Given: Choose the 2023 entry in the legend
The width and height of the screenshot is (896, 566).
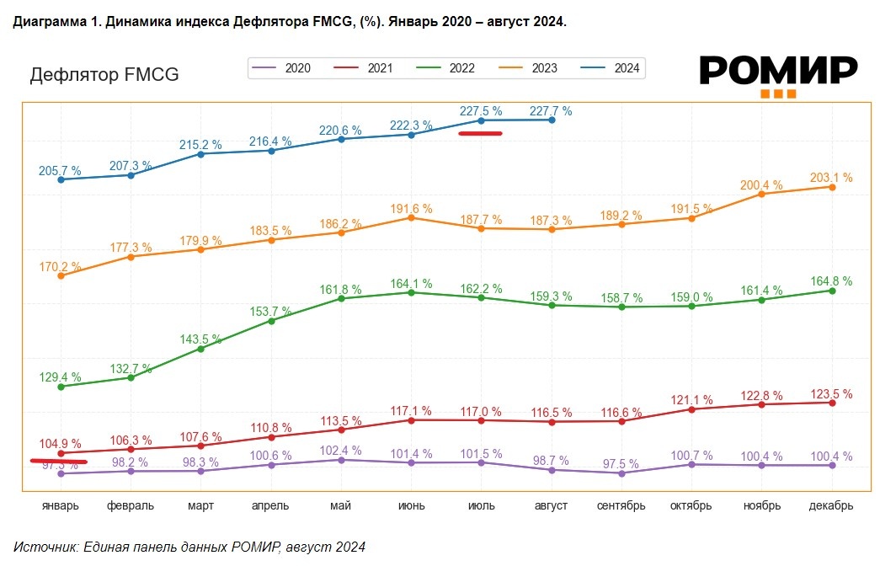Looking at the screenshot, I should (x=531, y=68).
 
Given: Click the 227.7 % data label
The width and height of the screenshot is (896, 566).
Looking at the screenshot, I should (x=550, y=110).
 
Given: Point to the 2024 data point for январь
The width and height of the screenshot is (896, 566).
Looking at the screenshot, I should (x=61, y=179).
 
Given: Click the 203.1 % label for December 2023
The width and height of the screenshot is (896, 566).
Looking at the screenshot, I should (x=831, y=178).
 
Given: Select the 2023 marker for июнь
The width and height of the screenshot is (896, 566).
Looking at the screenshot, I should (x=411, y=217).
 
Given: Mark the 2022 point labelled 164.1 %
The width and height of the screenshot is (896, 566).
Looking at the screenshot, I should (x=411, y=292).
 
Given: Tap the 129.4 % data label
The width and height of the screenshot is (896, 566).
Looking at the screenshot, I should (x=60, y=376).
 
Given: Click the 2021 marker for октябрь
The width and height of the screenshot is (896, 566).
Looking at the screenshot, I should (x=691, y=409).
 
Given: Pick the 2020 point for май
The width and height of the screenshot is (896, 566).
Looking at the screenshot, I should (x=341, y=460).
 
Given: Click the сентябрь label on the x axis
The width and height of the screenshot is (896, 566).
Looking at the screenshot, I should (x=621, y=505).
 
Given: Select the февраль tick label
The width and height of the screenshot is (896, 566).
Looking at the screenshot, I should (x=131, y=505).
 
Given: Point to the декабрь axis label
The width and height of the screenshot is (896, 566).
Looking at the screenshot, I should (x=832, y=505).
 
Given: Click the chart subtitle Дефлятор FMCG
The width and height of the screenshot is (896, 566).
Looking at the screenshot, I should (x=104, y=75).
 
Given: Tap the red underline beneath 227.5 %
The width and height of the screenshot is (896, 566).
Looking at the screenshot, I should (x=480, y=133).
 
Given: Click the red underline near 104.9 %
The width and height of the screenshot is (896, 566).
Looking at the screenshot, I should (x=59, y=461).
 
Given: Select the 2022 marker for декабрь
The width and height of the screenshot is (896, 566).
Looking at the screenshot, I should (x=832, y=291).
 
